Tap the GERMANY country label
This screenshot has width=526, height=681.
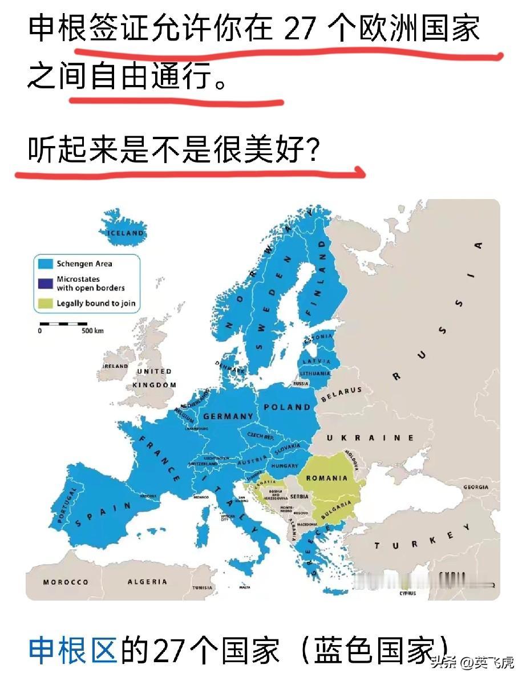228,416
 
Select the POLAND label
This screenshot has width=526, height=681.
287,407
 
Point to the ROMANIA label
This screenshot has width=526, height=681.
327,478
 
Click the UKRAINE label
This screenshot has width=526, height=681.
371,437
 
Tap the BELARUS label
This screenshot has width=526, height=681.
342,394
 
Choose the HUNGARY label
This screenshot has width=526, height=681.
284,465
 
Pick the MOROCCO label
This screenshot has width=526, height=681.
66,582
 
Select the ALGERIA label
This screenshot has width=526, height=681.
147,582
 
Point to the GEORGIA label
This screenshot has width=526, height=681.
475,487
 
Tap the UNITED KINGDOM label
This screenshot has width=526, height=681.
155,378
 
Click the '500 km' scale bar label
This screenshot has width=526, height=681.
92,331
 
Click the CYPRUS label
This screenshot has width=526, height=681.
407,593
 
